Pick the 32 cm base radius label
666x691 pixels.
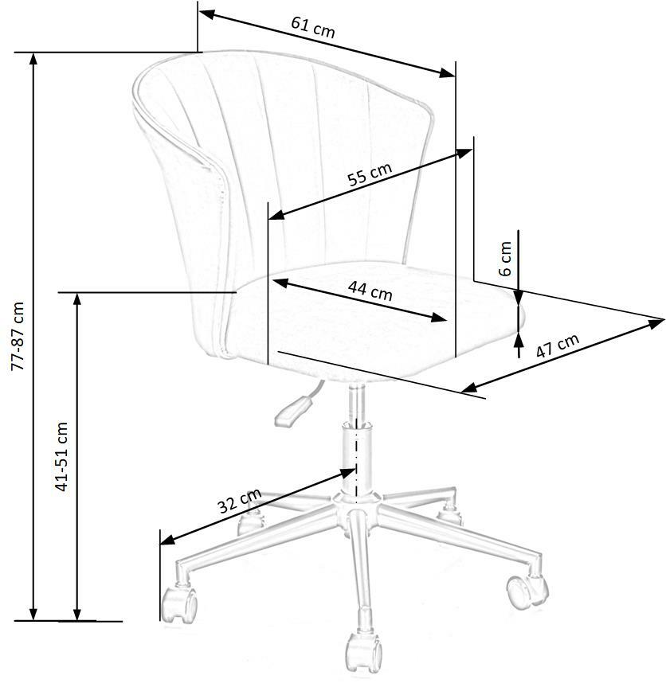[239, 502]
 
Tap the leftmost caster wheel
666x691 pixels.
[179, 605]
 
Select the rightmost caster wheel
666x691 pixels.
[527, 589]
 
